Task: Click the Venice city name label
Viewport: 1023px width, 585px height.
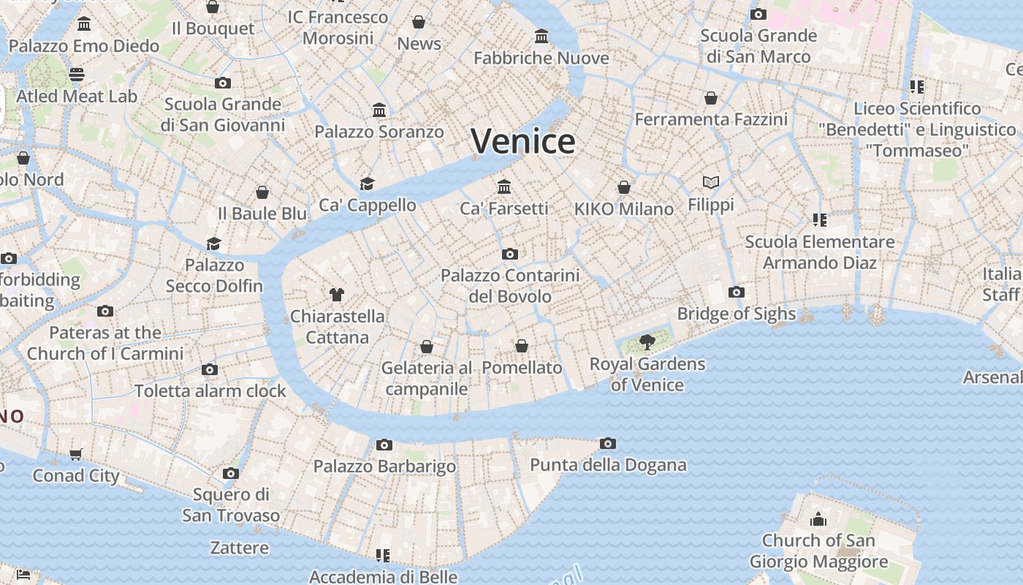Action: pos(523,140)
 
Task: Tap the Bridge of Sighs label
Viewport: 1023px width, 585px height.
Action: pos(736,314)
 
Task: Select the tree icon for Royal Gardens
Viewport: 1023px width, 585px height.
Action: pos(647,341)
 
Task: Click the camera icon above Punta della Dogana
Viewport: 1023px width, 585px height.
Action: pos(607,443)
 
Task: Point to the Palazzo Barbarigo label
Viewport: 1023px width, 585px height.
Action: pos(384,466)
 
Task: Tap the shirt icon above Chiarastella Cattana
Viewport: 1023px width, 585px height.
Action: pos(336,295)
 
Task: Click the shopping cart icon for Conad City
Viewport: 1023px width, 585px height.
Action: pos(76,454)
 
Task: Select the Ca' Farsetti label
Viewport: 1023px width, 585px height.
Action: pos(503,208)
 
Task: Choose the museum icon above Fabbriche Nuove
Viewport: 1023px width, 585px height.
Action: pos(541,36)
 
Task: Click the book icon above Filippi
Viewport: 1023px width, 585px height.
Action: pos(710,182)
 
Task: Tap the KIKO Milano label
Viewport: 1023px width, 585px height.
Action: pos(623,209)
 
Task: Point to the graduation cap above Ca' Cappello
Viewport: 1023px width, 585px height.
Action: pos(367,184)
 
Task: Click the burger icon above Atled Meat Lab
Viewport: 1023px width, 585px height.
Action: pos(77,74)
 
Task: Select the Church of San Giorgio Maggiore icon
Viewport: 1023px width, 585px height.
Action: pos(818,519)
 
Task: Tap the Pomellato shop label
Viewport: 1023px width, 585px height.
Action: pos(522,368)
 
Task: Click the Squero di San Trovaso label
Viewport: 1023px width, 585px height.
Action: pos(231,505)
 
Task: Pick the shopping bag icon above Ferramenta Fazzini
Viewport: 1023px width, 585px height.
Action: pos(711,98)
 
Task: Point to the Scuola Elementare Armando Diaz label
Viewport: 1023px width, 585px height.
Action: pos(820,252)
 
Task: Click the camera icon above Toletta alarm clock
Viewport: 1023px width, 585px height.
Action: pos(210,369)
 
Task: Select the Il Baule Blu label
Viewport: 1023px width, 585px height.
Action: pos(262,214)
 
